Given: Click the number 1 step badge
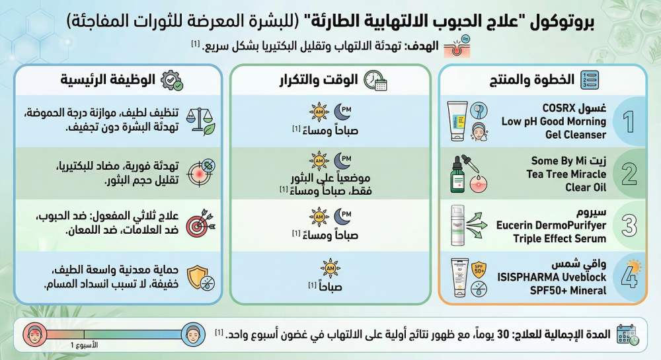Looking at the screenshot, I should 628,121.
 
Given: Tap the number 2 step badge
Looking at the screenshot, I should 628,173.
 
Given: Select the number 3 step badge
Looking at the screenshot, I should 628,225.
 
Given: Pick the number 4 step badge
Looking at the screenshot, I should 628,277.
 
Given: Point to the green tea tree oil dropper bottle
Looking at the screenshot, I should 457,174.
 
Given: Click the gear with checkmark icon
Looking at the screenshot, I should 173,81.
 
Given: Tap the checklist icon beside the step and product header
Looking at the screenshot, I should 590,81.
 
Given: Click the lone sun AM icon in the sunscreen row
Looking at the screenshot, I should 330,268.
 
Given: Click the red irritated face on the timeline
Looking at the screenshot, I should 33,332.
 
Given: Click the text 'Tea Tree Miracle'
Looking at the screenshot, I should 566,174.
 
